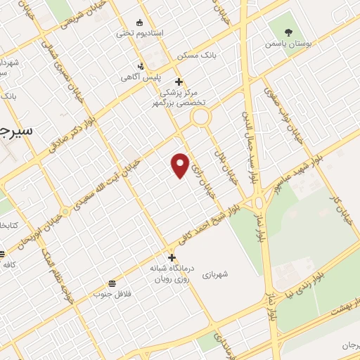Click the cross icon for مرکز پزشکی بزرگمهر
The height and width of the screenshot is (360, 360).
coord(179,82)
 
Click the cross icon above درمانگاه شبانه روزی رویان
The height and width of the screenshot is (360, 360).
coord(172,257)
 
